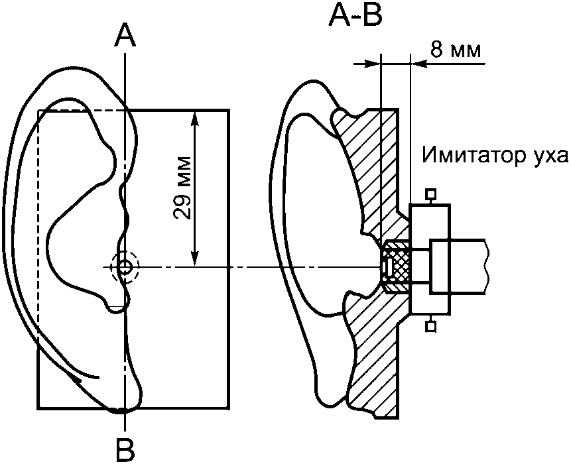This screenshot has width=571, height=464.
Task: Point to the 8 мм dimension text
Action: (456, 50)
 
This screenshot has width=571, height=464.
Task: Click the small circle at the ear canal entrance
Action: (125, 267)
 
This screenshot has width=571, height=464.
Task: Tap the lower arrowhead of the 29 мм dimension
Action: (196, 259)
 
